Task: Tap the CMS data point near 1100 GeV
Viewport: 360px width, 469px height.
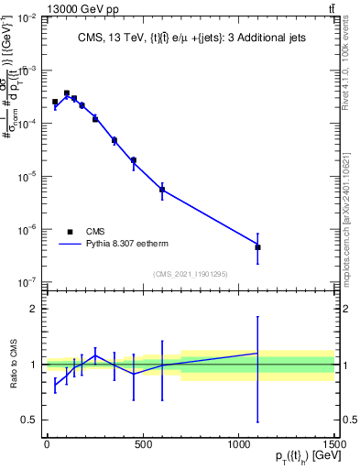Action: [x=257, y=247]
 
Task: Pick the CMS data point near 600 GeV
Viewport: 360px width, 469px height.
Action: [x=162, y=190]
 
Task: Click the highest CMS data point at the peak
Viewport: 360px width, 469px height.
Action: [x=67, y=93]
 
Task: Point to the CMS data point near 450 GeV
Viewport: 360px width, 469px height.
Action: [x=134, y=160]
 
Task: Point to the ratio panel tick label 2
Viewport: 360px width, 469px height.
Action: [x=34, y=309]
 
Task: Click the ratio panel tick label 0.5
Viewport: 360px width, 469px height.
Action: [x=30, y=420]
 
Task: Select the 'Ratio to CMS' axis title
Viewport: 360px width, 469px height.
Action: [x=12, y=365]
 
